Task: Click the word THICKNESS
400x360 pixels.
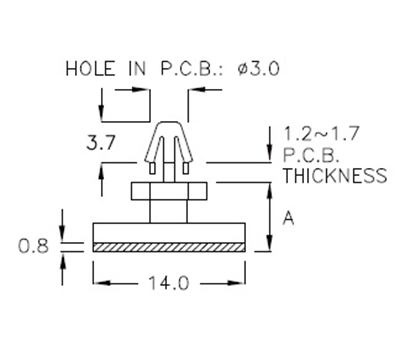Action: (x=335, y=176)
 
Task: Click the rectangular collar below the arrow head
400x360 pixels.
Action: (x=169, y=191)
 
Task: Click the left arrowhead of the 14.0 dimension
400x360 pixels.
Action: (x=97, y=283)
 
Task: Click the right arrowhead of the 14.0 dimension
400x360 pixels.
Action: (x=240, y=283)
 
